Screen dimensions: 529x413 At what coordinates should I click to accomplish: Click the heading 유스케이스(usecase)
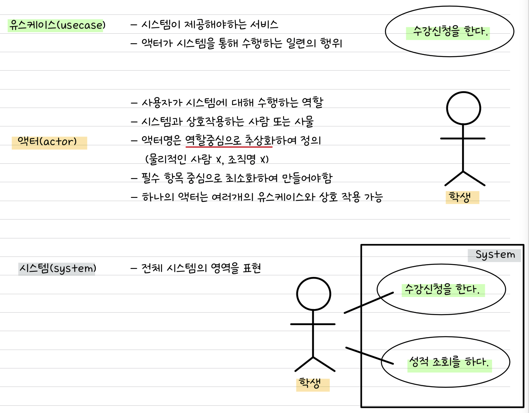click(57, 25)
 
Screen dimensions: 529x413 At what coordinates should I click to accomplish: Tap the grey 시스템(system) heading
click(57, 268)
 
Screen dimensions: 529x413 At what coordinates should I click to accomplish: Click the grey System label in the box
click(495, 254)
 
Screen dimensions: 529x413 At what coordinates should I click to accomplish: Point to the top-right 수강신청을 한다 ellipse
click(449, 31)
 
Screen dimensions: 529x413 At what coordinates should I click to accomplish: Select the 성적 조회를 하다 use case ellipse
click(445, 362)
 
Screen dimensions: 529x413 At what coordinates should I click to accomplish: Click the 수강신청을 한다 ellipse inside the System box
click(441, 289)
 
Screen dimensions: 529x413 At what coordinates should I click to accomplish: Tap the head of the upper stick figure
click(463, 108)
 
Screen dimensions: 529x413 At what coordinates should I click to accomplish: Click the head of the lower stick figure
click(313, 294)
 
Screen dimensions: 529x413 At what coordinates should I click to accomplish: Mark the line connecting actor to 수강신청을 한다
click(369, 303)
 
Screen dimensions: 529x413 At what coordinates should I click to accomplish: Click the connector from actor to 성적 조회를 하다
click(369, 356)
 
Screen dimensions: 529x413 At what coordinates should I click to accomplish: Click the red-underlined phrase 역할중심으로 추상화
click(229, 140)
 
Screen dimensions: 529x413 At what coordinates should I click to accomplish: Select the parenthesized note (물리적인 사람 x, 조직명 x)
click(207, 159)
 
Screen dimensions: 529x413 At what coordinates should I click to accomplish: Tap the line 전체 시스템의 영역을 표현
click(196, 268)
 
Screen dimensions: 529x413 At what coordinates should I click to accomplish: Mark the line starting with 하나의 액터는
click(257, 197)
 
